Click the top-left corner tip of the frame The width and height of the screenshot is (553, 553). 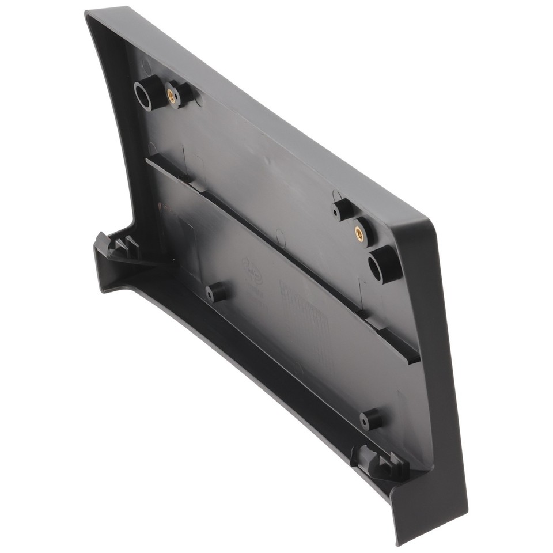pos(88,13)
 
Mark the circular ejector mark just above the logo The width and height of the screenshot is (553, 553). pos(280,235)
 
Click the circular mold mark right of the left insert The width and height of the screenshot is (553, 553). pos(198,100)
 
